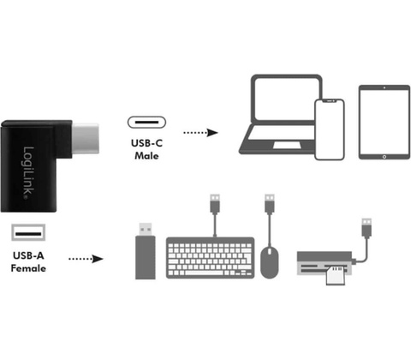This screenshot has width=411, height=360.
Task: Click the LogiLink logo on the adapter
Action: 28,172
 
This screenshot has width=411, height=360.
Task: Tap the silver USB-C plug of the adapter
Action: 86,139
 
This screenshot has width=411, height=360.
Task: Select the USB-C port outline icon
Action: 146,122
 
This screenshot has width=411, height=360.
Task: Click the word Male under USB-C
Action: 146,156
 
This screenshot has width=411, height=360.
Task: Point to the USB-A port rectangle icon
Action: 28,232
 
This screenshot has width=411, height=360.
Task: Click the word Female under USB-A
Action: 28,268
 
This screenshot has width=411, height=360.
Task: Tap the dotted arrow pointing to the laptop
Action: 200,133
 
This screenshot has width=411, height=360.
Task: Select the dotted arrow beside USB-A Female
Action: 86,259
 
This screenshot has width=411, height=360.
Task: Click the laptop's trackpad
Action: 287,145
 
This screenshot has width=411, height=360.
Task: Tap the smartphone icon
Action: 330,129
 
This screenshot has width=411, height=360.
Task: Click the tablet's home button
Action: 384,157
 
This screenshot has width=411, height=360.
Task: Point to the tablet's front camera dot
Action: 384,87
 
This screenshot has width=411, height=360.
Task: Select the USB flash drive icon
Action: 146,251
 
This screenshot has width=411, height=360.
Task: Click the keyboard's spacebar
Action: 204,273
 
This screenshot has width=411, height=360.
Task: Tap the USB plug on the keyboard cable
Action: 215,203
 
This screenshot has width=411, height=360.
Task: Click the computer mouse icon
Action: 270,262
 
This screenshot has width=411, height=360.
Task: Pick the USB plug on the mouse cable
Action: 270,203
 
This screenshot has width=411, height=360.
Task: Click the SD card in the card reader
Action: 336,275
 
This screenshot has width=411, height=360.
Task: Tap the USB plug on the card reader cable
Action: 366,228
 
